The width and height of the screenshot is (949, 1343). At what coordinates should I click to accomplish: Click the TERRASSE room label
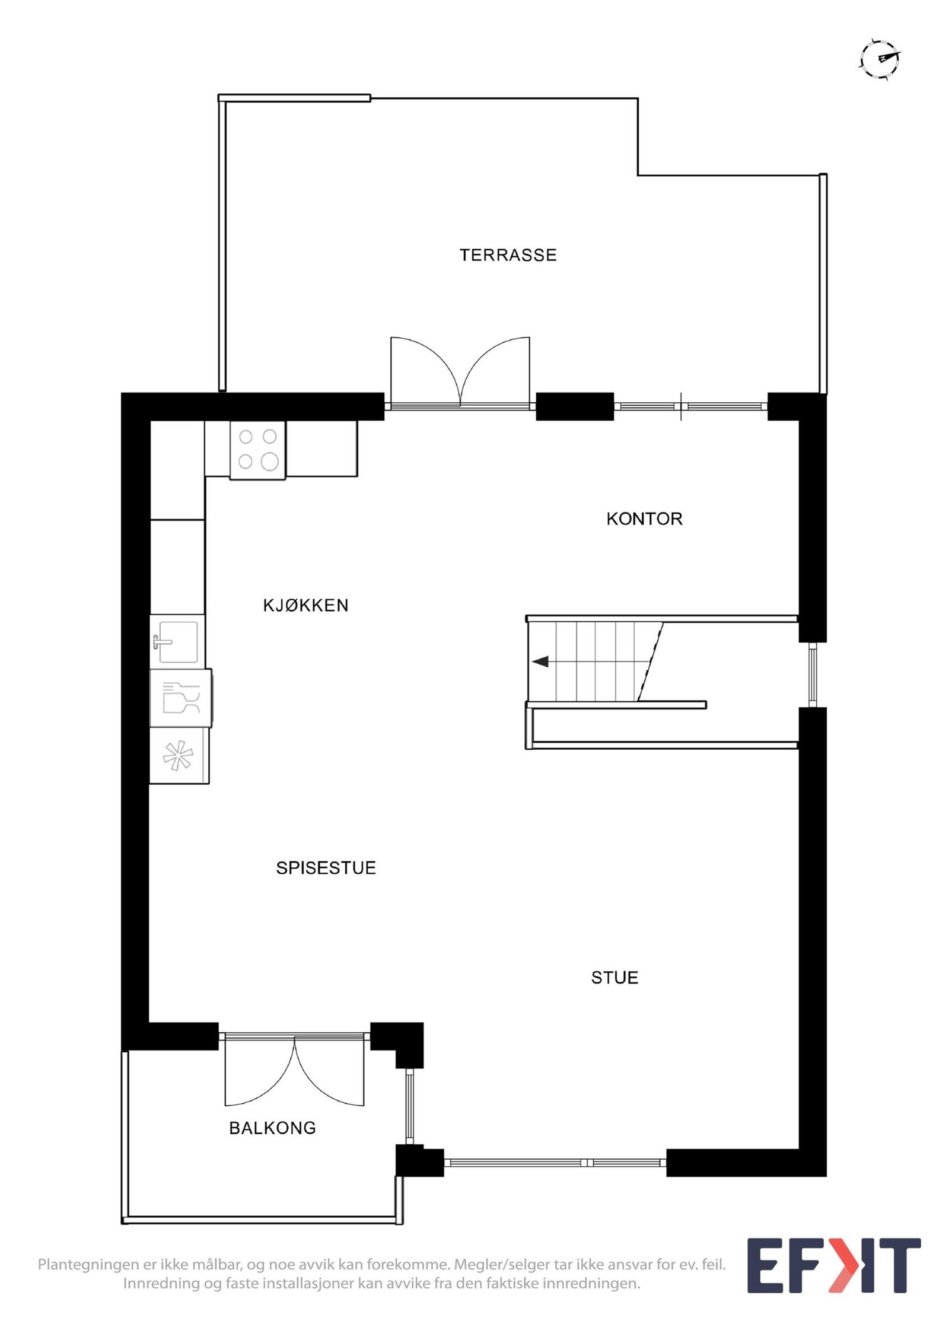point(508,255)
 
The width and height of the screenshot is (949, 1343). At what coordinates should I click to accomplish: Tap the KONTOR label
point(644,519)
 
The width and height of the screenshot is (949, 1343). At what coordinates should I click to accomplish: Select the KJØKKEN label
point(305,606)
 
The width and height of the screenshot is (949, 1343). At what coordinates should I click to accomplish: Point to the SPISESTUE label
point(326,868)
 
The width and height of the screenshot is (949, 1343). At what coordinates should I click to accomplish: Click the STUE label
point(614,978)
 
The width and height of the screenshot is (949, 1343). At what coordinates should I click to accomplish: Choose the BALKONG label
point(272,1128)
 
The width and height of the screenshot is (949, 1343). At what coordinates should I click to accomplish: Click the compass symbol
point(880,59)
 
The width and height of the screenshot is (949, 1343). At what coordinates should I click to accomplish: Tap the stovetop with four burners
point(257,450)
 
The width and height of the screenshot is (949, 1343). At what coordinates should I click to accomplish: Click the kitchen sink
point(177,642)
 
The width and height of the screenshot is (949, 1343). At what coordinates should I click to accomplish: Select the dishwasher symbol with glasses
point(181,698)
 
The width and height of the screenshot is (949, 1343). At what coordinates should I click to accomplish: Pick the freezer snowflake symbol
point(179,756)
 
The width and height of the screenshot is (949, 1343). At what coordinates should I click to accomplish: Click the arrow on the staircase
point(540,661)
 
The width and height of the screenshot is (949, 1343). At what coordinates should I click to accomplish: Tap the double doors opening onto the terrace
point(460,374)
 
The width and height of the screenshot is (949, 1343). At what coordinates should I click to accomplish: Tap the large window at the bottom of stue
point(555,1163)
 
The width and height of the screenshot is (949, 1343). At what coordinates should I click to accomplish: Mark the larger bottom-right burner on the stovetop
point(270,462)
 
